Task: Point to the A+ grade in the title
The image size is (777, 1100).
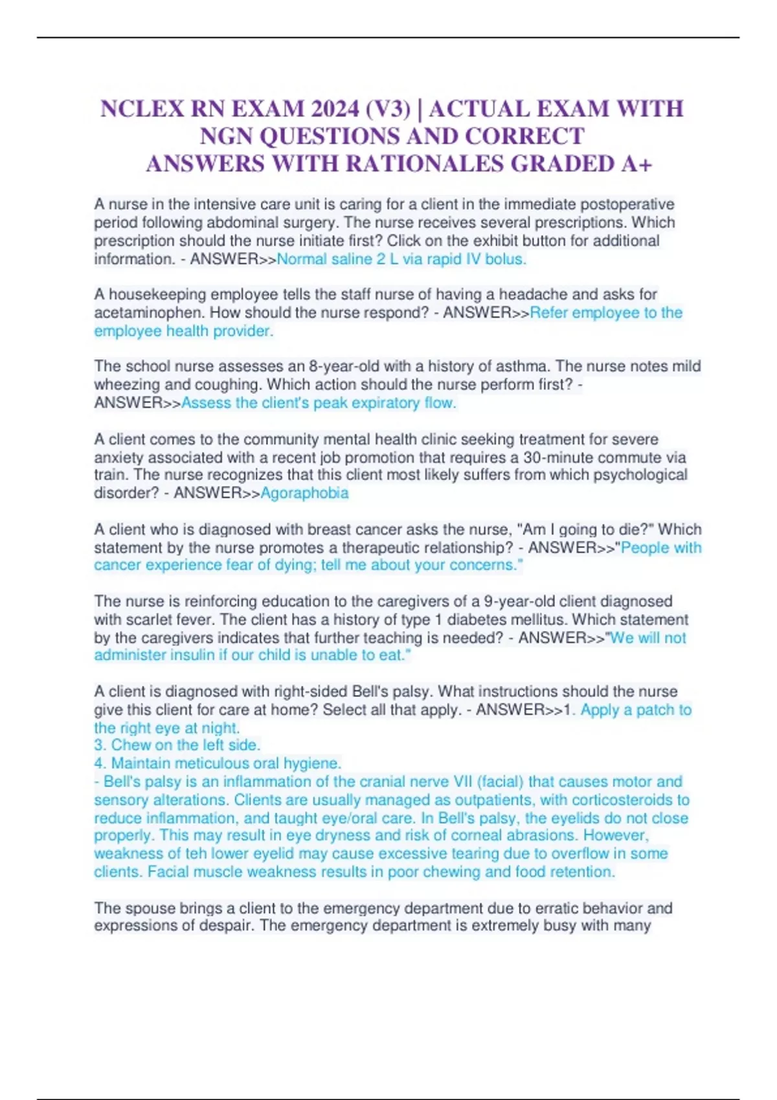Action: pos(636,164)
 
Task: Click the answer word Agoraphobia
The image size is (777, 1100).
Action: pos(304,493)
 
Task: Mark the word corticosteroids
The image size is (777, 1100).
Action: pos(606,800)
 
